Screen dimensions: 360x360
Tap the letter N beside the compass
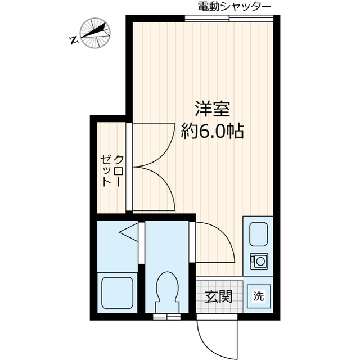73,39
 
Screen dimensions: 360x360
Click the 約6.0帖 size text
212,131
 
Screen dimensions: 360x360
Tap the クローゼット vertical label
112,170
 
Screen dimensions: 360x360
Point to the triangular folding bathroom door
129,231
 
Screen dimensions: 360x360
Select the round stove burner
259,260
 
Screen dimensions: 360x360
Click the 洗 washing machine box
258,294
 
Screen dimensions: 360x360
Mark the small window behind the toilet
167,317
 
